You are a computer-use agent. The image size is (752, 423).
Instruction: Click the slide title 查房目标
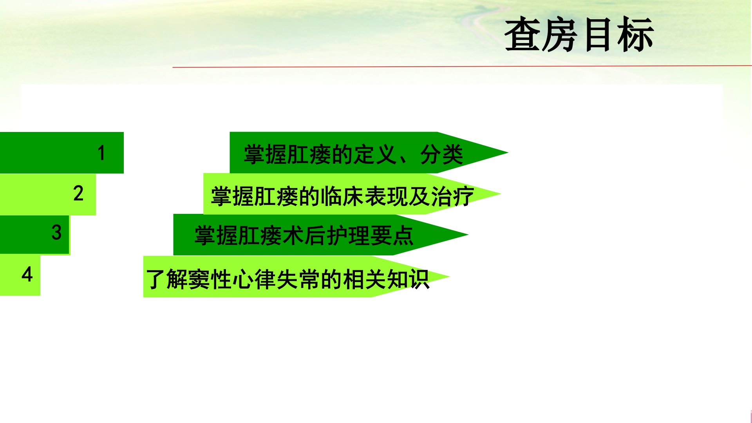click(579, 34)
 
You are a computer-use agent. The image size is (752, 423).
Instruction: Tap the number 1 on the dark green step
click(101, 153)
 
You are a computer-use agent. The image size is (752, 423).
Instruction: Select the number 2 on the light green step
click(78, 193)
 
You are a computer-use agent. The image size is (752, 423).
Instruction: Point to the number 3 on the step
click(56, 232)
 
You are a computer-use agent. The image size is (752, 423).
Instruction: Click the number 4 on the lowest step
click(27, 274)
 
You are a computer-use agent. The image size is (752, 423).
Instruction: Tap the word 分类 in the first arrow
click(442, 154)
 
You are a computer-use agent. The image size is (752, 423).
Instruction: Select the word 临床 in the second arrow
click(342, 196)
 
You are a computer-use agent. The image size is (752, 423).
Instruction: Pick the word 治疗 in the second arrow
click(452, 196)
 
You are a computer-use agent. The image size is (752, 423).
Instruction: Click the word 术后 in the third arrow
click(304, 236)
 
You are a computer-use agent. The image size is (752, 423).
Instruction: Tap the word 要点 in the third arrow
click(392, 236)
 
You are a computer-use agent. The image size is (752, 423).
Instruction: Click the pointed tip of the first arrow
click(508, 152)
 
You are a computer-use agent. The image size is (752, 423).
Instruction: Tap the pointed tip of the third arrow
click(468, 235)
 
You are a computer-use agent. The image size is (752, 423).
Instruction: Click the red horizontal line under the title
click(462, 67)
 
